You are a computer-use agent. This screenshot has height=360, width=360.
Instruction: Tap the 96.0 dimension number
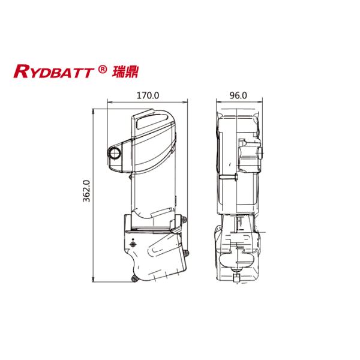238,95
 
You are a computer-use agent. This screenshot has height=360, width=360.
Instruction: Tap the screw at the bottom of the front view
135,277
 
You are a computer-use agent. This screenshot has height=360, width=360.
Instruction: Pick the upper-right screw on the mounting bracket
186,221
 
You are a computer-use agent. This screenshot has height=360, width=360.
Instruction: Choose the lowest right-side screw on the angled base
184,271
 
